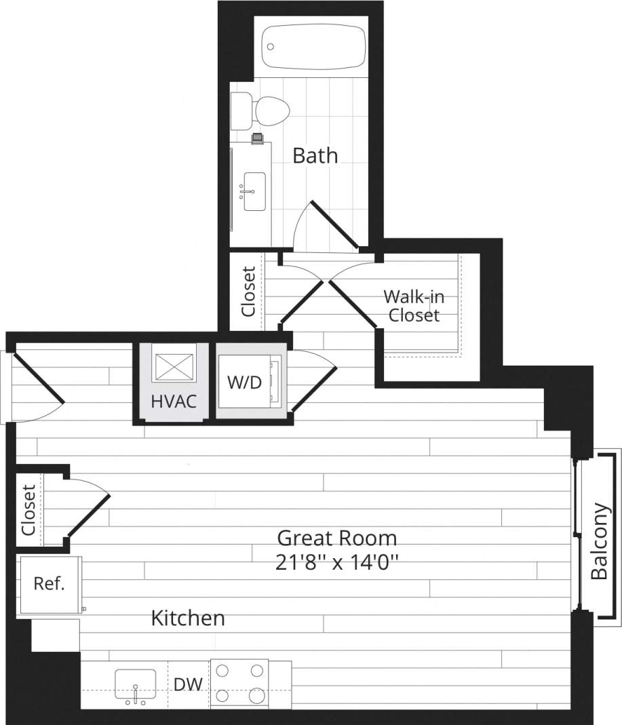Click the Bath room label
coord(315,155)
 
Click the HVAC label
coord(174,401)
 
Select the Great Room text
coord(336,538)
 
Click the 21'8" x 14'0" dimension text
coord(336,562)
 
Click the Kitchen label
coord(187,618)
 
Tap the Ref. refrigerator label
coord(49,584)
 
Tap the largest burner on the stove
coord(257,696)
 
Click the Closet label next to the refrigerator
coord(28,510)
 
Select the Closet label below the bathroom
coord(249,292)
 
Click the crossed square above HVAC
coord(174,366)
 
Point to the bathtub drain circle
coord(271,47)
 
